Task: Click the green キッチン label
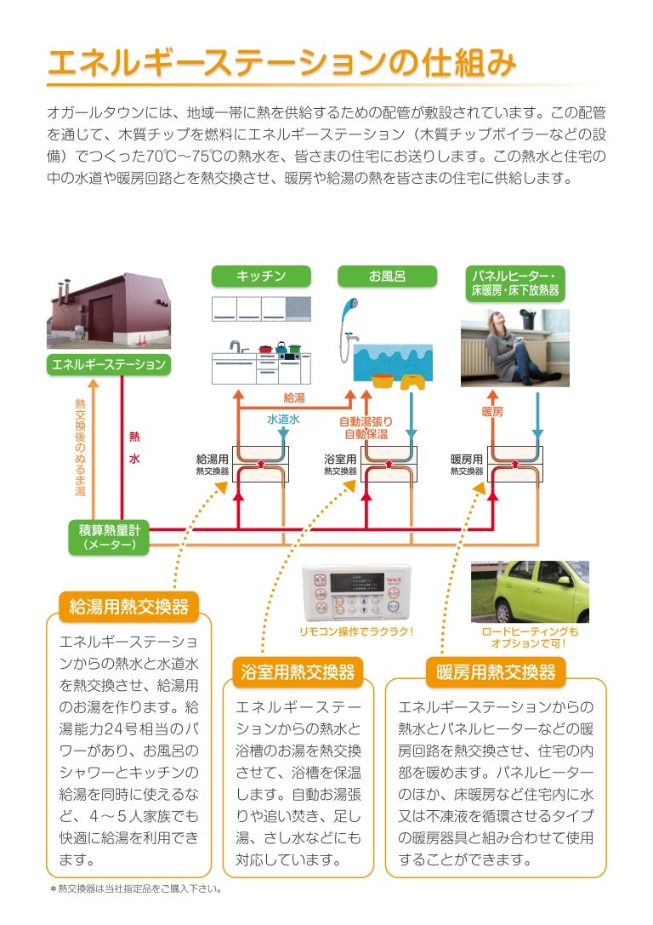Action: click(x=261, y=276)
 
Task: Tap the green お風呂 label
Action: click(x=387, y=276)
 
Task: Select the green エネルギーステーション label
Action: click(x=109, y=365)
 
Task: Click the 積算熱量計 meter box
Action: click(x=109, y=537)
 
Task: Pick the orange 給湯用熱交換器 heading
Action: click(x=128, y=607)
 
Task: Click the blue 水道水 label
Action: click(x=283, y=420)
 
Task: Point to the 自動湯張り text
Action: click(x=366, y=421)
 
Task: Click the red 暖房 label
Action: click(x=492, y=412)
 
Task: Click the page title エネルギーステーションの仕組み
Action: click(x=281, y=63)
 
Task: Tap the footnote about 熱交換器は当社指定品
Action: click(x=135, y=889)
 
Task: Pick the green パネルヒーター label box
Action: click(x=513, y=283)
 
